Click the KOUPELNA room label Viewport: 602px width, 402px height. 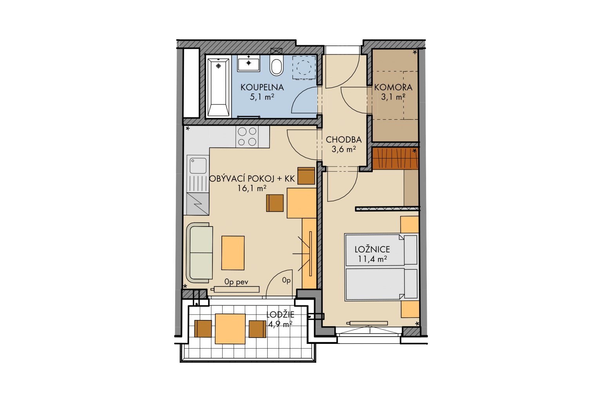pos(262,87)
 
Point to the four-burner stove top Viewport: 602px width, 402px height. pos(247,137)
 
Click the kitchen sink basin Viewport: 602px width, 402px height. pos(198,166)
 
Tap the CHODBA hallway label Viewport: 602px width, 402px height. pos(344,140)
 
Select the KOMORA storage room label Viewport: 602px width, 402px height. pos(393,87)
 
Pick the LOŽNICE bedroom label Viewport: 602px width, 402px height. pos(372,249)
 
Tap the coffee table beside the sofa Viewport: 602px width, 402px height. pos(233,253)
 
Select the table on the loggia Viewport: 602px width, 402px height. pos(230,329)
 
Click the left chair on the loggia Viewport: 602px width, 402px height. pos(203,329)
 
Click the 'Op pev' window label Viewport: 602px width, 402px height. pos(236,282)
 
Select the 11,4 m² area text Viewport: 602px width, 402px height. pos(372,259)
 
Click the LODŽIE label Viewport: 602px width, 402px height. pos(280,314)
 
